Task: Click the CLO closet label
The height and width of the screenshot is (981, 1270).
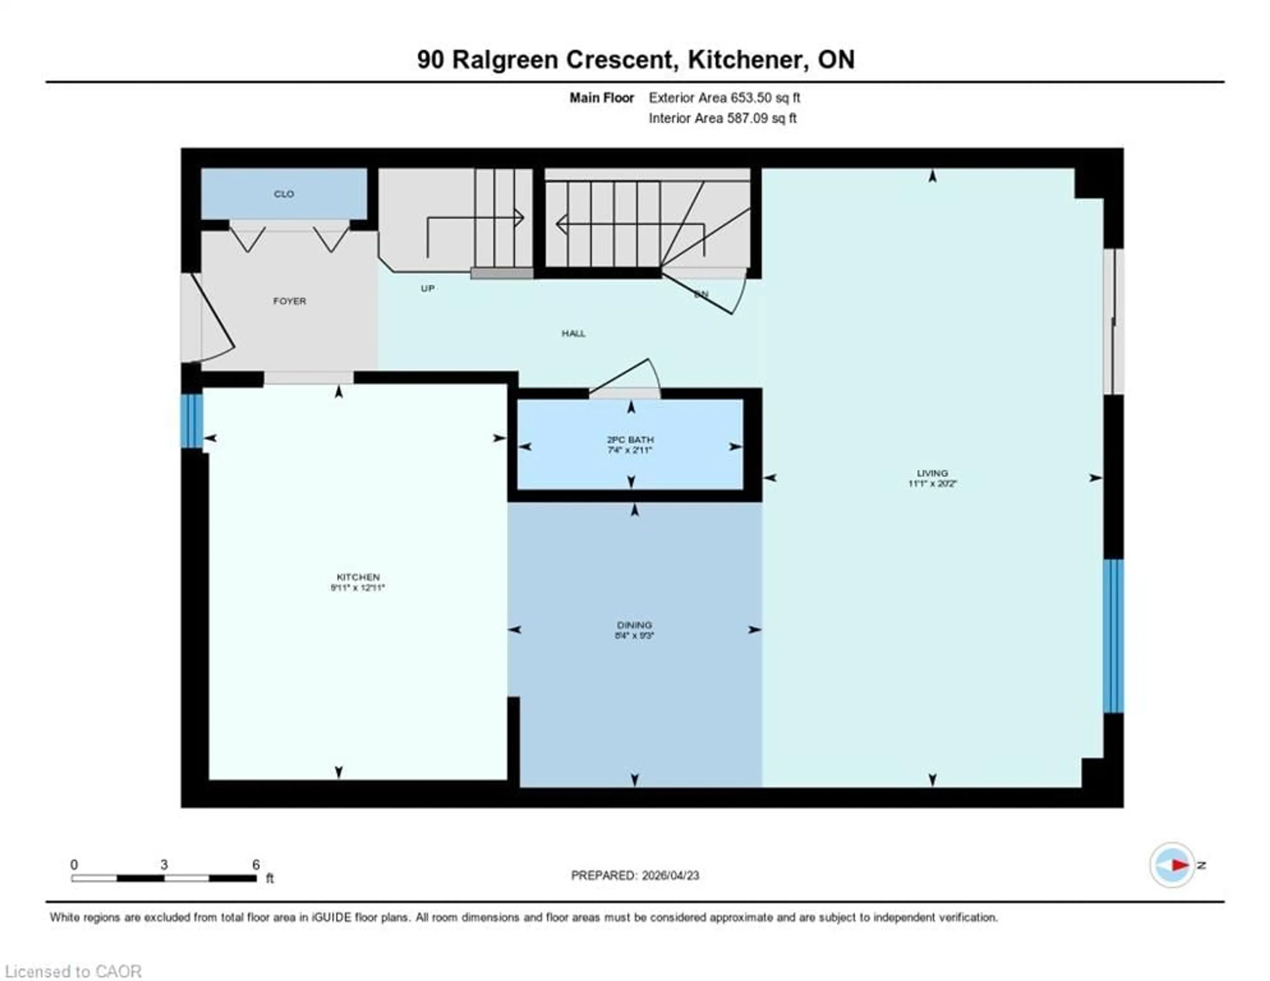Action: pos(284,194)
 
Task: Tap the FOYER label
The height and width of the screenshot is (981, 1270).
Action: pos(289,301)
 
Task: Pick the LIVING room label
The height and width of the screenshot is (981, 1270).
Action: pos(932,473)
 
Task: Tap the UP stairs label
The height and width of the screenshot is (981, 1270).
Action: pos(427,288)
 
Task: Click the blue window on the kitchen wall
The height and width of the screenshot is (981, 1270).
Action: pos(191,421)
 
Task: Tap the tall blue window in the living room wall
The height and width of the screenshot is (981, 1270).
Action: pos(1113,635)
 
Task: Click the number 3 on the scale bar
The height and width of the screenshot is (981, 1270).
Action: pos(164,865)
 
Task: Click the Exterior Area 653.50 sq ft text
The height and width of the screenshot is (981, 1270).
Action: pos(724,98)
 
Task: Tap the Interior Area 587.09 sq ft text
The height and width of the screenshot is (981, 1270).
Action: pos(722,118)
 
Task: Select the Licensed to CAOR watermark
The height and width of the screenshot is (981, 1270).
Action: pos(73,971)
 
